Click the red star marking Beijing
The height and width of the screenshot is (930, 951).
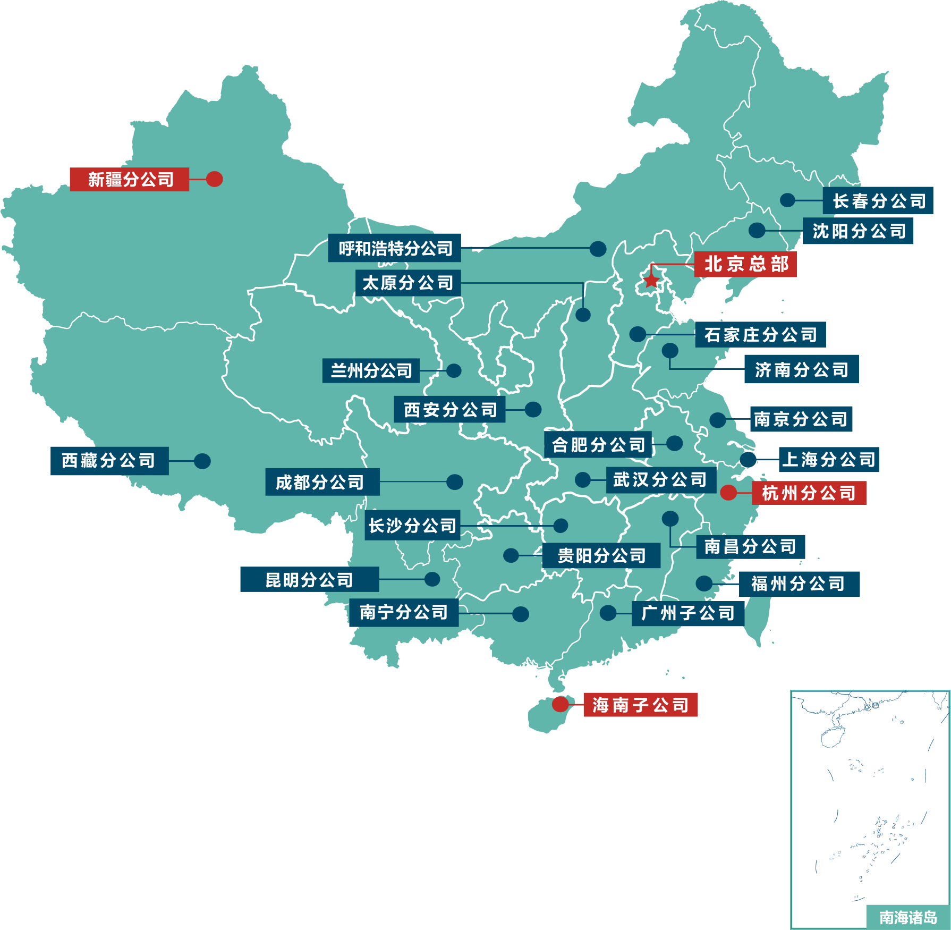coord(651,280)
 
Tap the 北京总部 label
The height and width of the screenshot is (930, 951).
coord(745,264)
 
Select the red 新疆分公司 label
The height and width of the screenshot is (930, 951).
coord(130,180)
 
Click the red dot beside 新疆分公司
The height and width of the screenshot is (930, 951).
coord(214,179)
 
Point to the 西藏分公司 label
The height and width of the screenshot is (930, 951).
coord(109,461)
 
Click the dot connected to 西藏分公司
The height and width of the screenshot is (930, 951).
coord(202,461)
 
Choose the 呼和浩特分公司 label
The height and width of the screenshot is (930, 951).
coord(395,248)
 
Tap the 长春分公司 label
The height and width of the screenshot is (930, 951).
coord(878,201)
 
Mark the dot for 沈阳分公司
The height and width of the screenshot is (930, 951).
coord(757,230)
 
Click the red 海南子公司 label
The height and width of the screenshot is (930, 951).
coord(640,705)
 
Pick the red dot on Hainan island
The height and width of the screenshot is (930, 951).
coord(560,704)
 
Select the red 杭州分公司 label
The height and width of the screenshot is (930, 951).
coord(809,493)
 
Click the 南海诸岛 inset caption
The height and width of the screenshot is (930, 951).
coord(907,917)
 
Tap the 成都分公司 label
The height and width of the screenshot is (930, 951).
coord(322,483)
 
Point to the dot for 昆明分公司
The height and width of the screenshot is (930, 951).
coord(432,579)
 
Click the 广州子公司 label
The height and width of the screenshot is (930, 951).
coord(688,613)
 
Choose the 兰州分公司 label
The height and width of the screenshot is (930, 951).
coord(371,370)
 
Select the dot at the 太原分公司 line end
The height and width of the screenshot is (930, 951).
coord(583,315)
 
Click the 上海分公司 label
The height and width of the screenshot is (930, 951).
coord(829,460)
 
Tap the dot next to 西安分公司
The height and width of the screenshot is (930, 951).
coord(533,409)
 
